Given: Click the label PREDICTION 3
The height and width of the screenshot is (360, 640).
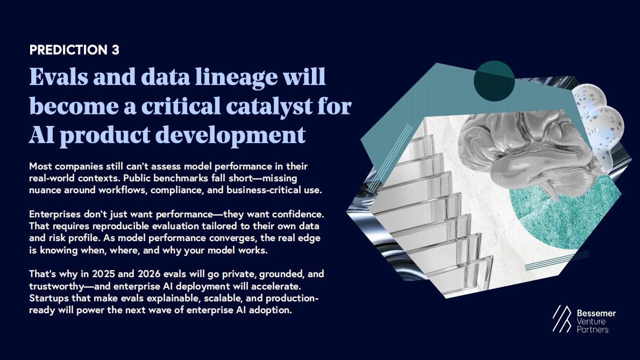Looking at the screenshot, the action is (x=74, y=50).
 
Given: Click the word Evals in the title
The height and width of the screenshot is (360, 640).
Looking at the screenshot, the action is (x=59, y=76).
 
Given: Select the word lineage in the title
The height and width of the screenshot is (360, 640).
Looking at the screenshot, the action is (x=236, y=77).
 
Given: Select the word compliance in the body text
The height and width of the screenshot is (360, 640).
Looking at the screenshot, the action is (x=177, y=190).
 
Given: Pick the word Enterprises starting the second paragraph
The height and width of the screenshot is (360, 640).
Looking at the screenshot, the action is (x=55, y=215).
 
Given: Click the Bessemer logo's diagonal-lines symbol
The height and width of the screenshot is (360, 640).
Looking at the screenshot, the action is (x=563, y=319).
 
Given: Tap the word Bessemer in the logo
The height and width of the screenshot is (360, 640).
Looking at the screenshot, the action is (x=596, y=314).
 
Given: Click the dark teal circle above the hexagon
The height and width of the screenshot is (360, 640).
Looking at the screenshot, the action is (x=494, y=81).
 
